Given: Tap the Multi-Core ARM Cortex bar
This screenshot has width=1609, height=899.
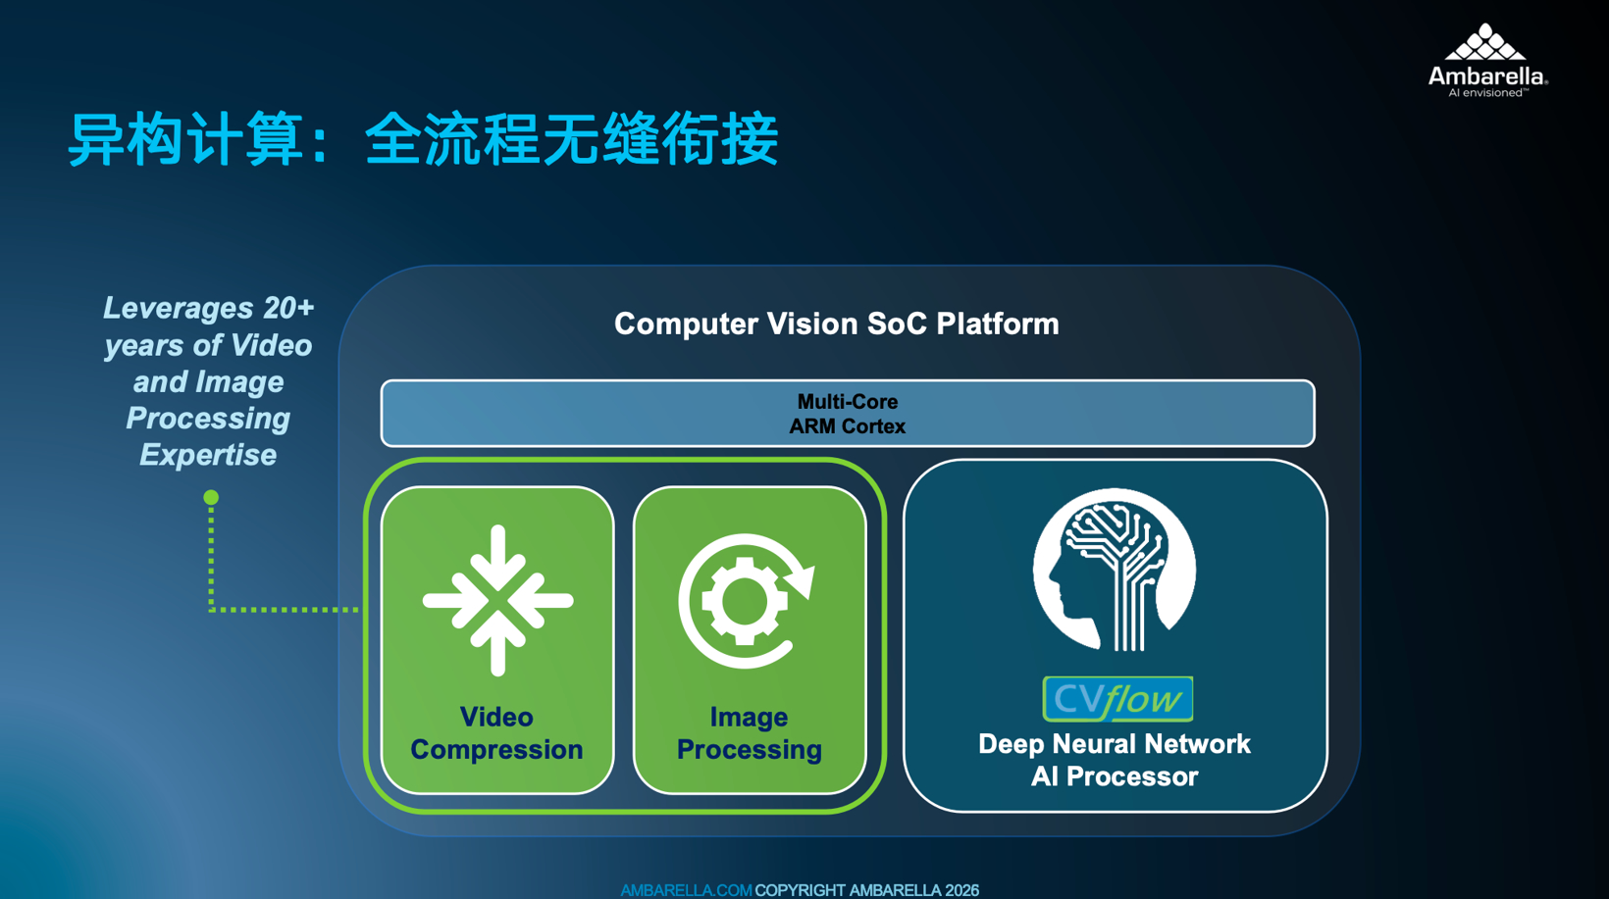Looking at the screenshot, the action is (x=848, y=414).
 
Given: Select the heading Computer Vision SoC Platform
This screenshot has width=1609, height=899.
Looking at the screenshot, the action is (x=836, y=324).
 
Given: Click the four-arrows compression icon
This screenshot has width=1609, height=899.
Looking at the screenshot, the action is (x=497, y=601).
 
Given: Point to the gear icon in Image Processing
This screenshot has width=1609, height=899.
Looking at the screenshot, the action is (x=745, y=601).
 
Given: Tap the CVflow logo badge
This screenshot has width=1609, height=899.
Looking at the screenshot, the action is (x=1117, y=699).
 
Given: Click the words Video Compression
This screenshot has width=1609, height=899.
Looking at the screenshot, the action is (x=497, y=733).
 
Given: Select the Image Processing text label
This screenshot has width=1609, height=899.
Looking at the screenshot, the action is (x=750, y=733).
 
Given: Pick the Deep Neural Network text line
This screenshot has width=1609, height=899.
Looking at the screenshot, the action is (x=1115, y=744).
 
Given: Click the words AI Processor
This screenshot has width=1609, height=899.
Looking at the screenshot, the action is (x=1115, y=776).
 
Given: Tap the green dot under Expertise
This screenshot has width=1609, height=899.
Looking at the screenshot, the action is (x=211, y=497).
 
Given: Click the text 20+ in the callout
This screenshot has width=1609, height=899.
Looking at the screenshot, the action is (x=288, y=307).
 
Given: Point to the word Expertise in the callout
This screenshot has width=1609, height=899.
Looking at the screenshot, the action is (x=208, y=455).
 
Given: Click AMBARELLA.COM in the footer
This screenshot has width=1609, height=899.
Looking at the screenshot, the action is (x=686, y=890).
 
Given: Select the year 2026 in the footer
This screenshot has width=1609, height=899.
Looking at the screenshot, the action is (x=961, y=890).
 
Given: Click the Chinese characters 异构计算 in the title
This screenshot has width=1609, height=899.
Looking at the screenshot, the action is (x=185, y=139).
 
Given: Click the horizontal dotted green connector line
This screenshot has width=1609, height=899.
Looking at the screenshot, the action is (x=285, y=610).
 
